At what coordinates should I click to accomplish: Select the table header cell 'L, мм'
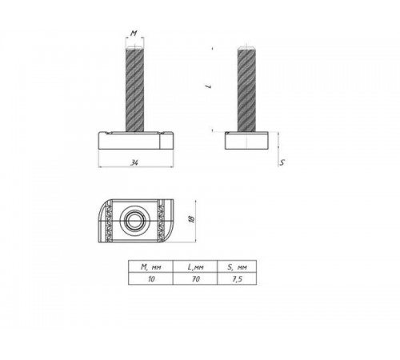point(196,268)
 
